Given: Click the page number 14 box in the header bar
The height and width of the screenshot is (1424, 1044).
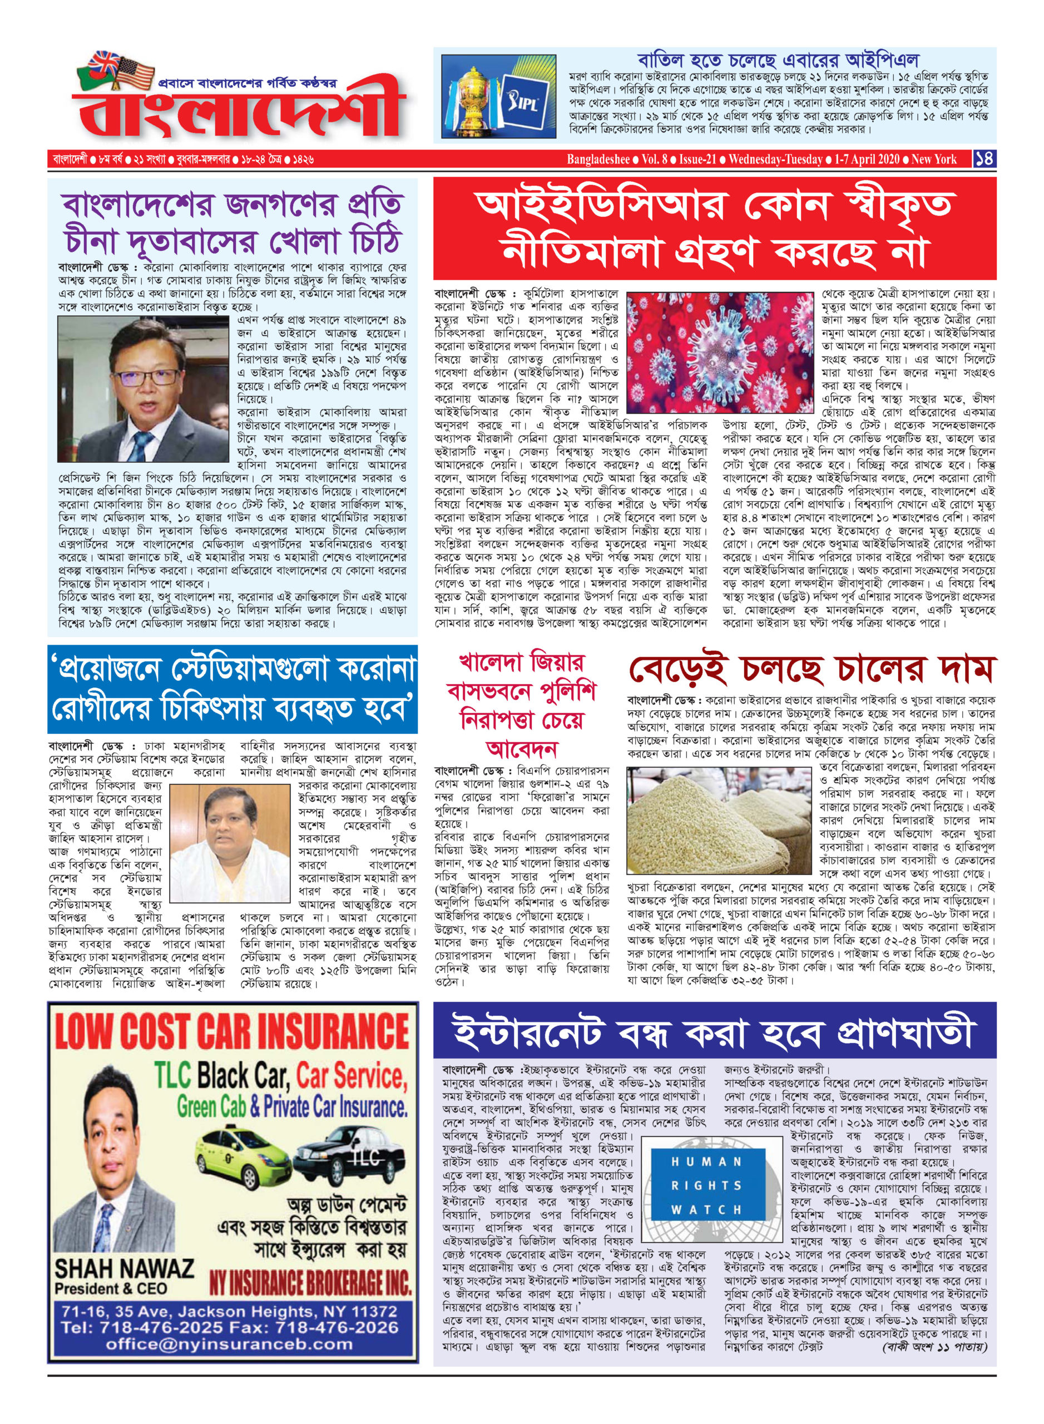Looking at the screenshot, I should point(984,159).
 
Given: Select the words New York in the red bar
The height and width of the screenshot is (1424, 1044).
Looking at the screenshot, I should point(933,159).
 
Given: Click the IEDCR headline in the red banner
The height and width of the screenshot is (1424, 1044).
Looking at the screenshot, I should point(714,229).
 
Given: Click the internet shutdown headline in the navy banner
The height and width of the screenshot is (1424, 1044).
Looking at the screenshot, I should point(714,1032).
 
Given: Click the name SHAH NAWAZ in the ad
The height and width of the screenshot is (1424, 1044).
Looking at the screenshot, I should point(124,1267).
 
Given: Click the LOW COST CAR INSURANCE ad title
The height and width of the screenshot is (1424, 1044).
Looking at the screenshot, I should point(232,1032).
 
